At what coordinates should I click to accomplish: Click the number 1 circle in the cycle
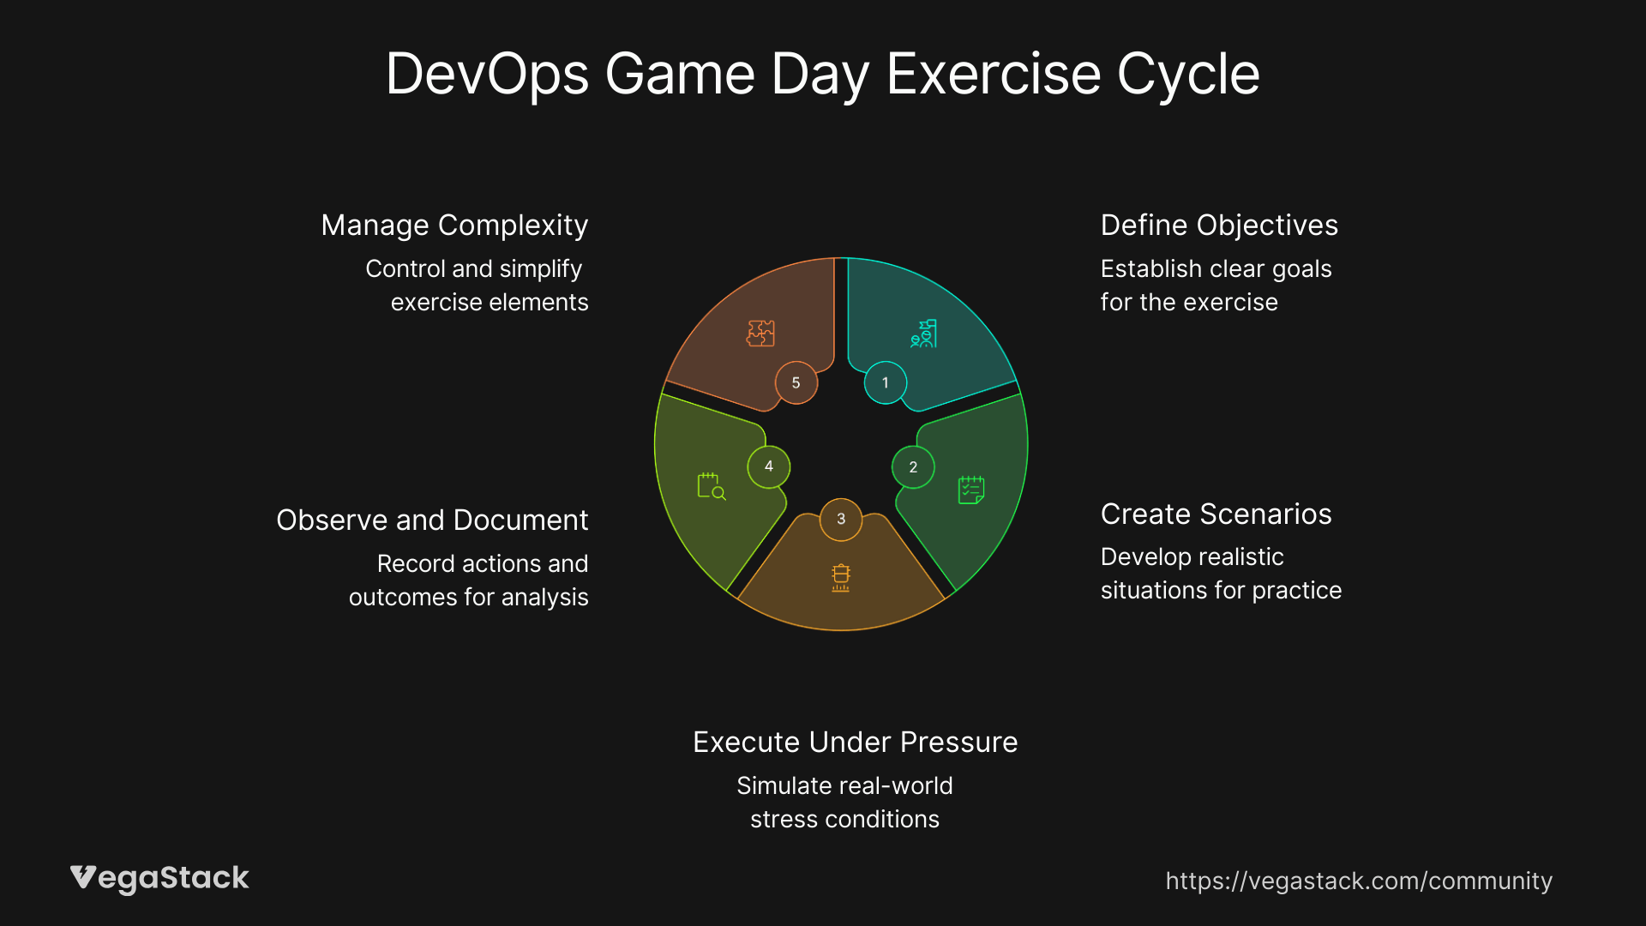(x=886, y=382)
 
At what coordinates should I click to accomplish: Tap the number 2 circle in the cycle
(x=913, y=467)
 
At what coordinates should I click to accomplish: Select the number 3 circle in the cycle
(x=841, y=519)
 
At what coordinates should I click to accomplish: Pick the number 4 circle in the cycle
(x=769, y=466)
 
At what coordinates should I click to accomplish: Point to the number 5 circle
(x=796, y=382)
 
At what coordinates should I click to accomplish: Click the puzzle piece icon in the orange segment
(x=760, y=333)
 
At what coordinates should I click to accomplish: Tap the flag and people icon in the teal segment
(x=923, y=334)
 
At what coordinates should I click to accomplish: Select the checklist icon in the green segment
(x=971, y=490)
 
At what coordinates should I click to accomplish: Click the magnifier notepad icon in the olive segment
(x=712, y=486)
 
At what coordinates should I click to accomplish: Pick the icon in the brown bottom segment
(x=841, y=577)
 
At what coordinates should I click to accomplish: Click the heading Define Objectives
(x=1219, y=225)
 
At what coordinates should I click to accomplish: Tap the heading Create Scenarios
(x=1216, y=514)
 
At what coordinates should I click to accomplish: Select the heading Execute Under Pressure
(x=856, y=742)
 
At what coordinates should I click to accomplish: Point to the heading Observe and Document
(x=432, y=520)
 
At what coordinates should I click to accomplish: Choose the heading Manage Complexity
(x=454, y=225)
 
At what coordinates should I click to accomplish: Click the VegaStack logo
(x=159, y=878)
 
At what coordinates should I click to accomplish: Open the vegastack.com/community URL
(x=1359, y=881)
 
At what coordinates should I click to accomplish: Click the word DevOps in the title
(x=487, y=74)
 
